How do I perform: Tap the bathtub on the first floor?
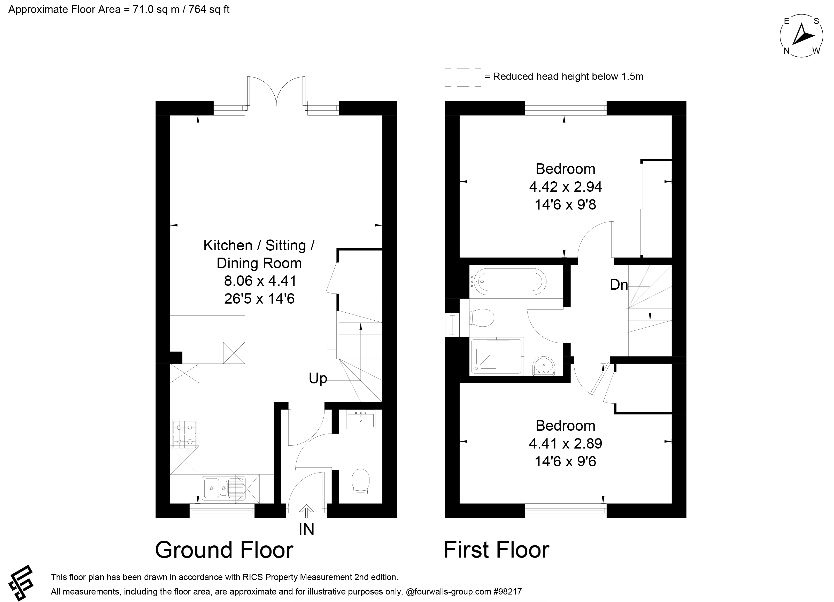point(507,282)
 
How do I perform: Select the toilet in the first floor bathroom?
point(482,317)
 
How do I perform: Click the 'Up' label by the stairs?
point(318,379)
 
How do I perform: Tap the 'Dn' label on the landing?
point(619,285)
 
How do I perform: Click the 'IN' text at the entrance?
point(306,530)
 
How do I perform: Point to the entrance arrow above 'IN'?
point(306,509)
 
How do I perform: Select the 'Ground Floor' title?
point(224,550)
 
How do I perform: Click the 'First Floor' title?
point(496,550)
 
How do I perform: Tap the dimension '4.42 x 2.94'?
point(566,187)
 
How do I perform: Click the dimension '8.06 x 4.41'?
point(260,281)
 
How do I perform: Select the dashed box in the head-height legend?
point(463,77)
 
